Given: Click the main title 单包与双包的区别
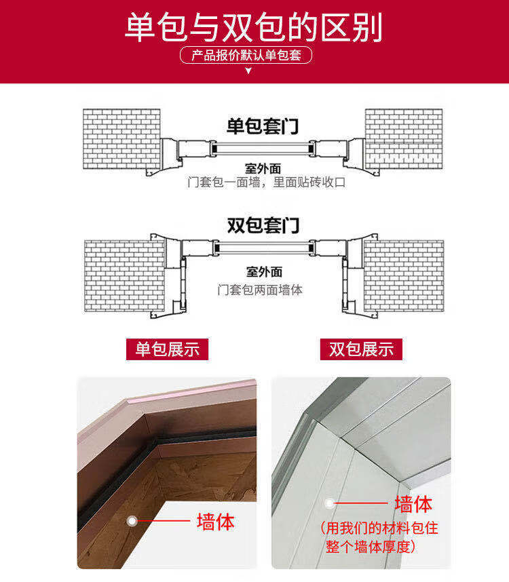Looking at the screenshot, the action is [254, 27].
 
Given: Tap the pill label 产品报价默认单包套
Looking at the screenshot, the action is [246, 56].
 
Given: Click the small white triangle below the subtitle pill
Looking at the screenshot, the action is [248, 71].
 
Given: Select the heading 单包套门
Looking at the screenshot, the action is [263, 126].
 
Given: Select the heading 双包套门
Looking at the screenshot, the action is [263, 225].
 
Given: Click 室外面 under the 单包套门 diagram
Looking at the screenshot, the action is [263, 168].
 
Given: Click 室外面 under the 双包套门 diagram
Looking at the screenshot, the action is [264, 272].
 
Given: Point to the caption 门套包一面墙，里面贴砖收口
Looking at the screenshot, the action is [267, 182].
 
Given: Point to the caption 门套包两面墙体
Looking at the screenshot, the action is [260, 290].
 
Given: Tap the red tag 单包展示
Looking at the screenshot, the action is [167, 349].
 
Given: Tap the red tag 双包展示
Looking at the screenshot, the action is [361, 349].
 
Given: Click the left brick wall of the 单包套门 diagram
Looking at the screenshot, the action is [121, 139].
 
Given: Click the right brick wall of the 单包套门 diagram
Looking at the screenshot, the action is [404, 139].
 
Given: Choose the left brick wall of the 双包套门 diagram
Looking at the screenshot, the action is [125, 276].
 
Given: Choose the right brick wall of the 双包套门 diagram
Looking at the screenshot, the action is [404, 276].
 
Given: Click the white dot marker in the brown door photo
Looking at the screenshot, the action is [132, 521].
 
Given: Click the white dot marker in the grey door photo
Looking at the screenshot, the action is [329, 503].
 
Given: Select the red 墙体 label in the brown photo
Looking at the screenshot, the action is [216, 522].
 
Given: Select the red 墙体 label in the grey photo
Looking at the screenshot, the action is [413, 504].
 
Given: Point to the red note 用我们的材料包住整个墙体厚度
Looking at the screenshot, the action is [379, 537].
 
